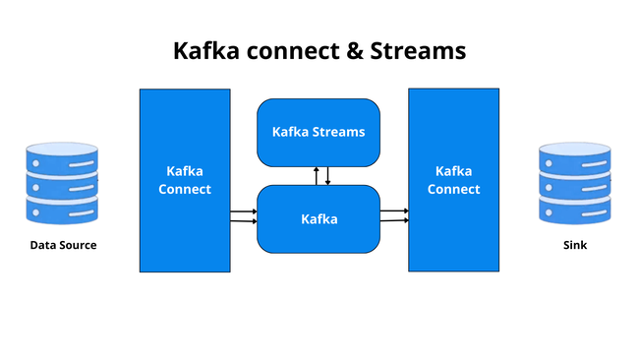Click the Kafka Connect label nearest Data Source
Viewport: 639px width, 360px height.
coord(185,180)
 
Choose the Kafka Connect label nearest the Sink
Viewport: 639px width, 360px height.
coord(453,180)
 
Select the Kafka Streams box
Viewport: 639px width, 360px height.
coord(318,132)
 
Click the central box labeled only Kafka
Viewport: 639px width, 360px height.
coord(319,218)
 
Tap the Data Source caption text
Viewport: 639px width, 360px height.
coord(63,245)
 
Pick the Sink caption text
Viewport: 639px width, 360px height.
coord(575,245)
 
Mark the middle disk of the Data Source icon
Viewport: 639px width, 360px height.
coord(63,185)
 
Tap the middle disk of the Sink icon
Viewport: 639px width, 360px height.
coord(575,185)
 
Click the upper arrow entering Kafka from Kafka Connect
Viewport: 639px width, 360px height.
coord(243,211)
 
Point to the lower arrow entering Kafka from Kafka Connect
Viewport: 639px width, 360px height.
coord(243,222)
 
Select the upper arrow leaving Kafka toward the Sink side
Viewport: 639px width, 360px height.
coord(394,210)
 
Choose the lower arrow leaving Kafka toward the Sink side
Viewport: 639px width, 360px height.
coord(394,221)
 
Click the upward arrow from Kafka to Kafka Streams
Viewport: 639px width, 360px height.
coord(316,175)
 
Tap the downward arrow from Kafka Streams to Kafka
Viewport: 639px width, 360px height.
coord(327,175)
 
